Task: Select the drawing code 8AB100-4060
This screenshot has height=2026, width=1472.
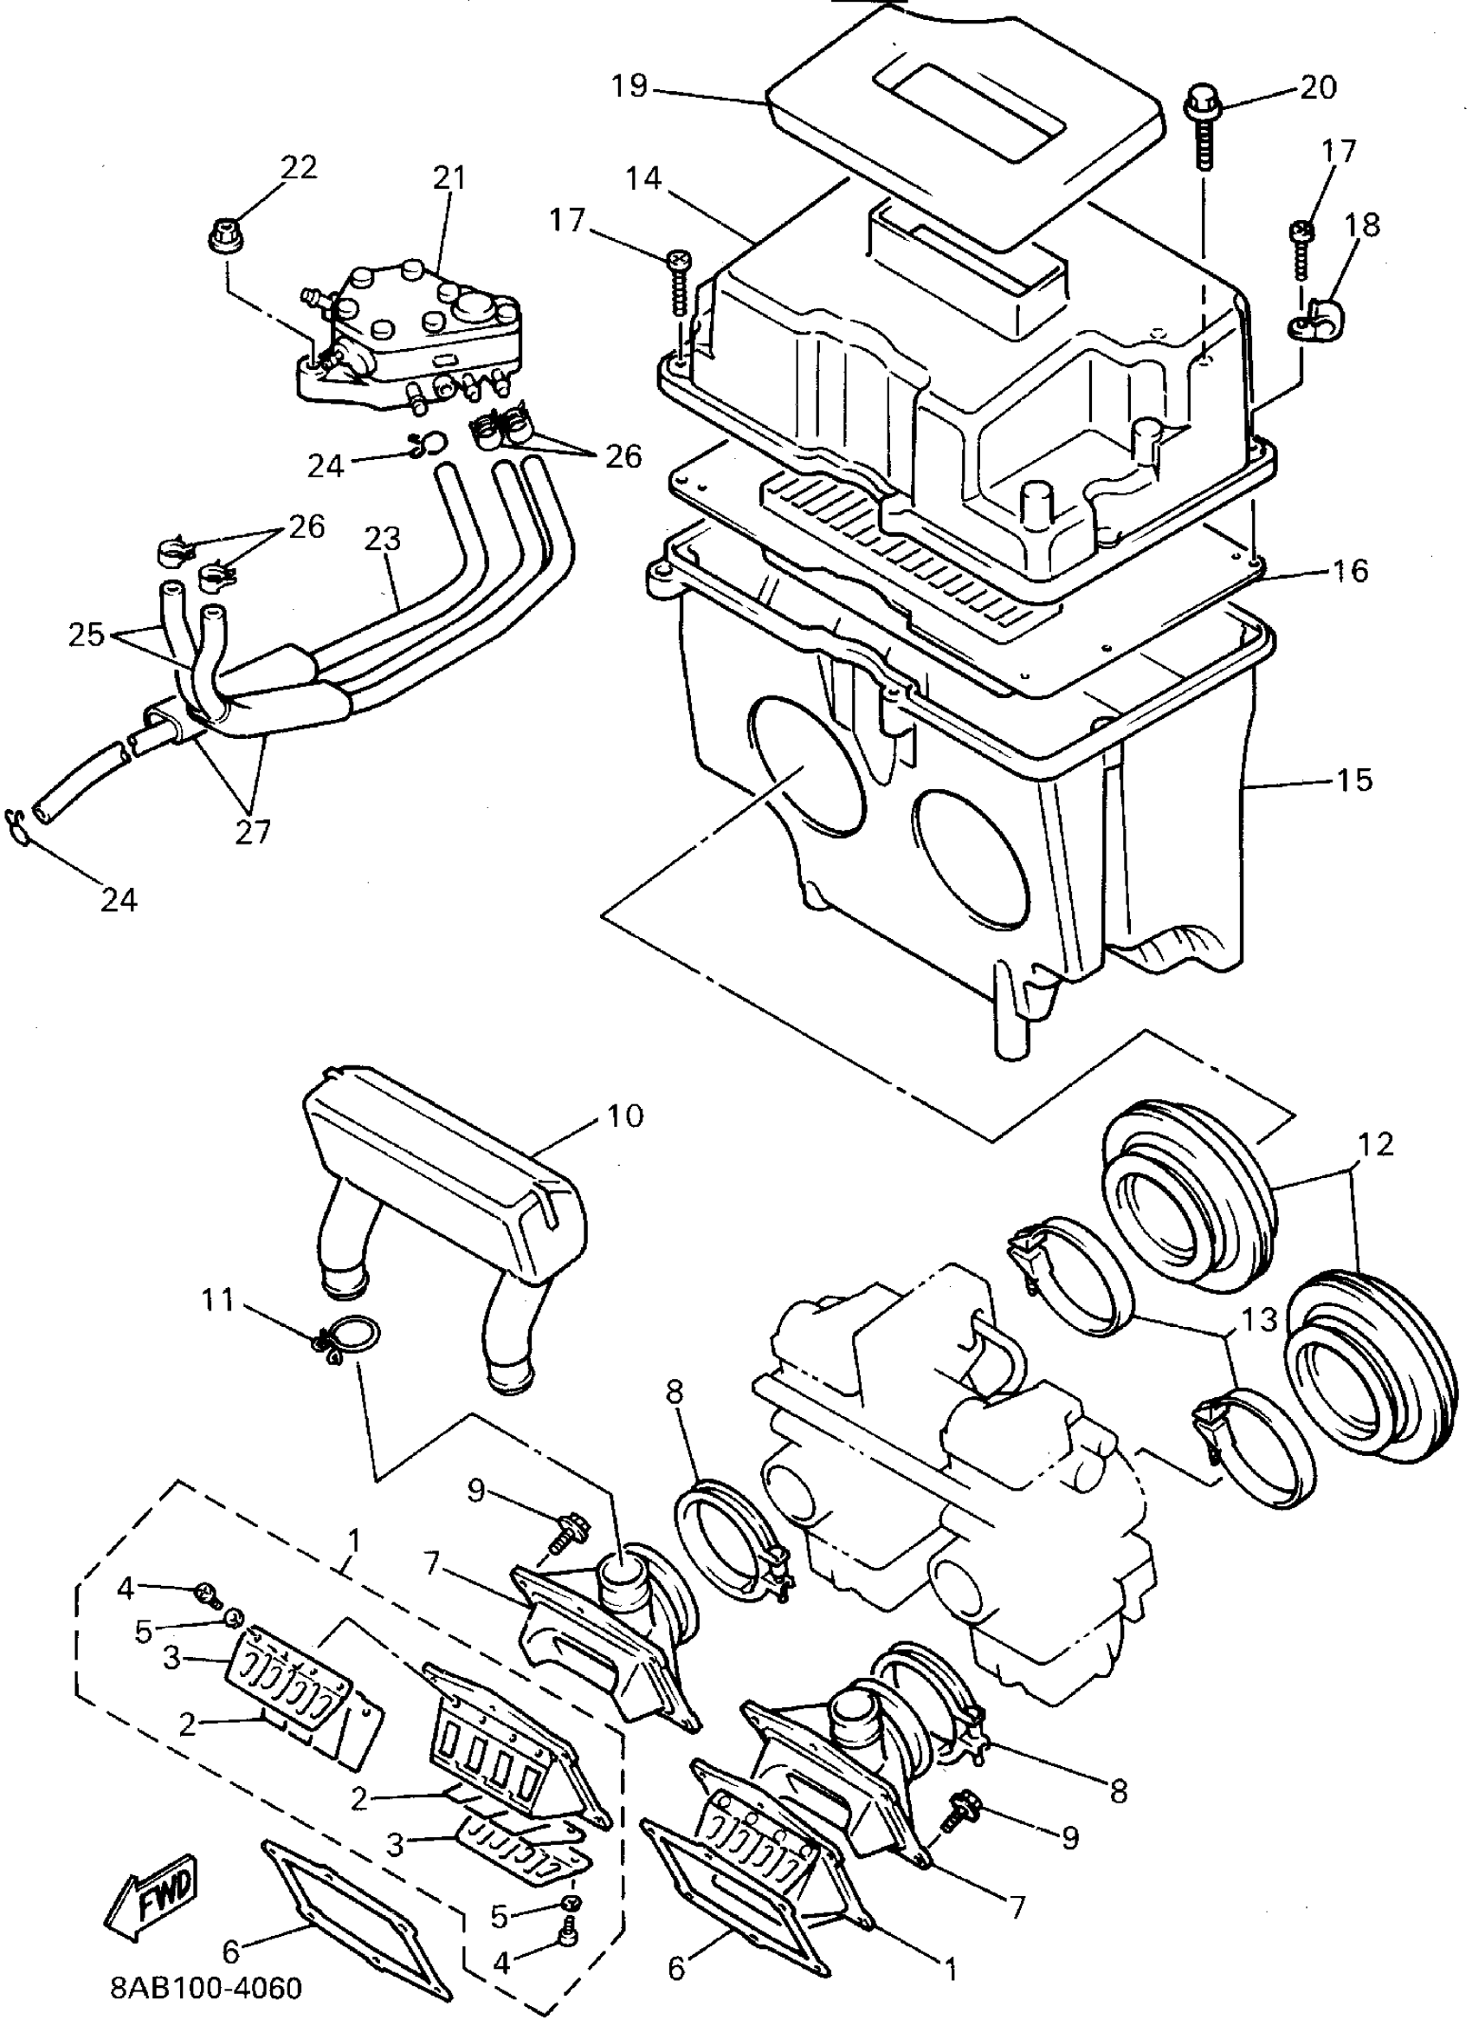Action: click(x=206, y=1989)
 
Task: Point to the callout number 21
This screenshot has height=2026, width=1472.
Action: click(x=449, y=178)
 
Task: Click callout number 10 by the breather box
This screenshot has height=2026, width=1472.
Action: click(x=624, y=1116)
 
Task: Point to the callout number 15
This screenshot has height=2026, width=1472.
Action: click(x=1353, y=780)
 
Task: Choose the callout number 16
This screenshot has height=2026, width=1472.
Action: click(x=1351, y=570)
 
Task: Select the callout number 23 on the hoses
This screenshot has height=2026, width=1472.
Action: click(x=383, y=540)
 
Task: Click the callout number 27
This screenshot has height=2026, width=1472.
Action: click(x=253, y=832)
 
